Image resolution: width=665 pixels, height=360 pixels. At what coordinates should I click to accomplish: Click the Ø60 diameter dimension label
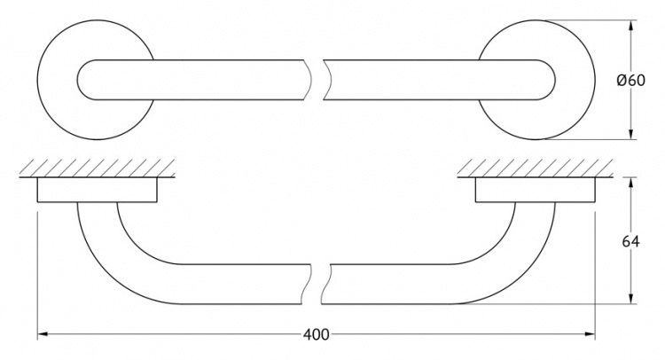click(630, 80)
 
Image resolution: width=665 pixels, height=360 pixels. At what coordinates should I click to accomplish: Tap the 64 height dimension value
click(631, 241)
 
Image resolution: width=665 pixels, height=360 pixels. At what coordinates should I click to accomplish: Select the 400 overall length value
click(316, 334)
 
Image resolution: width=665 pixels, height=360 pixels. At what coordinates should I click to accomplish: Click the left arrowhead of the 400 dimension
click(42, 334)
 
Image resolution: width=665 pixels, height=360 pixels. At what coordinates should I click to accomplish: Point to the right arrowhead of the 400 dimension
click(591, 334)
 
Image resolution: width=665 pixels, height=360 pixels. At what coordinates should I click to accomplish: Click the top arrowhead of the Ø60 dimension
click(631, 25)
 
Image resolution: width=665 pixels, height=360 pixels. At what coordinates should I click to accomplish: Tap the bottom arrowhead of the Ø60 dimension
click(631, 135)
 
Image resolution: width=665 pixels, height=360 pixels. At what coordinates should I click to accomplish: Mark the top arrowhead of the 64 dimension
click(631, 182)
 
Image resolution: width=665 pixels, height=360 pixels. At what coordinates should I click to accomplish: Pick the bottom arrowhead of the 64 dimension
click(631, 299)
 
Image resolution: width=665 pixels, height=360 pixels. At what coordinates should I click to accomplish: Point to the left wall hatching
click(98, 168)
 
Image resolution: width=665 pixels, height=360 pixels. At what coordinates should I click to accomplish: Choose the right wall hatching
click(536, 168)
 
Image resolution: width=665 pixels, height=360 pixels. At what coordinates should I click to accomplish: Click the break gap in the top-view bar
click(317, 80)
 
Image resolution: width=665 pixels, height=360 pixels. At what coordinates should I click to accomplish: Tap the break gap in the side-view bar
click(317, 284)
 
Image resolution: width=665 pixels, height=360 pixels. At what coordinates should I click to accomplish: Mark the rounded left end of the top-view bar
click(79, 80)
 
